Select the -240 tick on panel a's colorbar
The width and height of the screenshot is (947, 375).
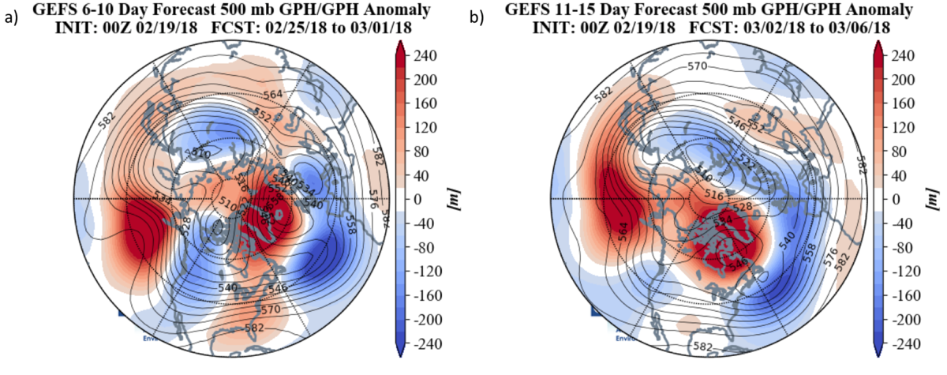(432, 344)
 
